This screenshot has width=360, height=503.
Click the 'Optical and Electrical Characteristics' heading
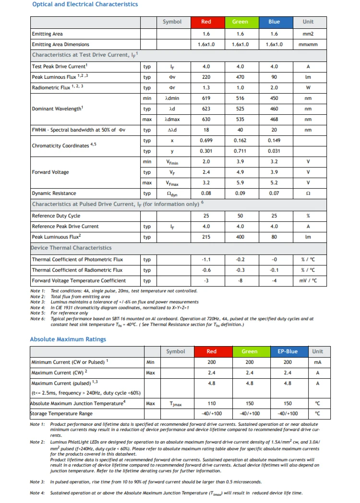[x=85, y=4]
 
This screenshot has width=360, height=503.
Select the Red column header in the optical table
[x=206, y=22]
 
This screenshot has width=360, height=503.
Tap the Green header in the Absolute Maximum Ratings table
[x=249, y=351]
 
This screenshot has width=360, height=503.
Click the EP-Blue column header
[x=288, y=351]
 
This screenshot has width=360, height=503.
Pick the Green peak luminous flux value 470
[x=240, y=77]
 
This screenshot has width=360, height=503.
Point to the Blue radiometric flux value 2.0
[x=274, y=88]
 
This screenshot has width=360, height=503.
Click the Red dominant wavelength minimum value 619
[x=206, y=98]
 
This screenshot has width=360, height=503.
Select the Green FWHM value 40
[x=240, y=130]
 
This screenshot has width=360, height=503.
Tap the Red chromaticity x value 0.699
[x=206, y=141]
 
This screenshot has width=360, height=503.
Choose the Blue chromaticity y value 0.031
[x=274, y=151]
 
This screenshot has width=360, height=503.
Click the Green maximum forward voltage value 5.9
[x=240, y=183]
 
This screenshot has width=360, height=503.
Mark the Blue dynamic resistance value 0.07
[x=274, y=193]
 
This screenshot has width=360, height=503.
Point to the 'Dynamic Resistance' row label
[x=54, y=193]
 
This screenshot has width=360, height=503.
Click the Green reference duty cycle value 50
[x=240, y=216]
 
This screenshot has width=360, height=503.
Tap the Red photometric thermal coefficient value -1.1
[x=206, y=260]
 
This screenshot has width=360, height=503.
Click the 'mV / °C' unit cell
[x=308, y=281]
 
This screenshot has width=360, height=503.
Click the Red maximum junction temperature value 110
[x=211, y=404]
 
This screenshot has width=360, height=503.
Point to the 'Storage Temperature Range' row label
[x=61, y=414]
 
